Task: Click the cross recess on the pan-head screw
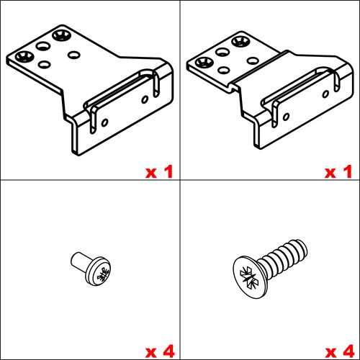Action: click(x=103, y=274)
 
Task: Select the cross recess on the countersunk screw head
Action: click(x=249, y=278)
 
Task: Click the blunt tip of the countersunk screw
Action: click(x=302, y=248)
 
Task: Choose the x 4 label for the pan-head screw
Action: click(x=160, y=351)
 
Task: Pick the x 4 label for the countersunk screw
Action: click(x=340, y=351)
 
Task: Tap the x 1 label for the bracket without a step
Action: click(x=159, y=171)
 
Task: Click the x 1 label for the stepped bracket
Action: click(x=338, y=171)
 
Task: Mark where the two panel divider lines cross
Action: click(x=180, y=180)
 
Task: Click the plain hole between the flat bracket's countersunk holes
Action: click(x=43, y=45)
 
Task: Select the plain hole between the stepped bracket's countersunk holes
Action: click(x=222, y=52)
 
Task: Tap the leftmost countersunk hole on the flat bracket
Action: click(x=24, y=56)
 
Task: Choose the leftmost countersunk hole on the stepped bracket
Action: click(x=204, y=63)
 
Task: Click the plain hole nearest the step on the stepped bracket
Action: click(x=253, y=60)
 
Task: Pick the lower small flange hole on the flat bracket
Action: click(x=104, y=122)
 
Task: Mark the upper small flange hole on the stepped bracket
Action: click(x=325, y=94)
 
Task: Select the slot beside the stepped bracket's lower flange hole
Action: click(x=274, y=114)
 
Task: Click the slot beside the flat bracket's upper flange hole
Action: click(x=156, y=84)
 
